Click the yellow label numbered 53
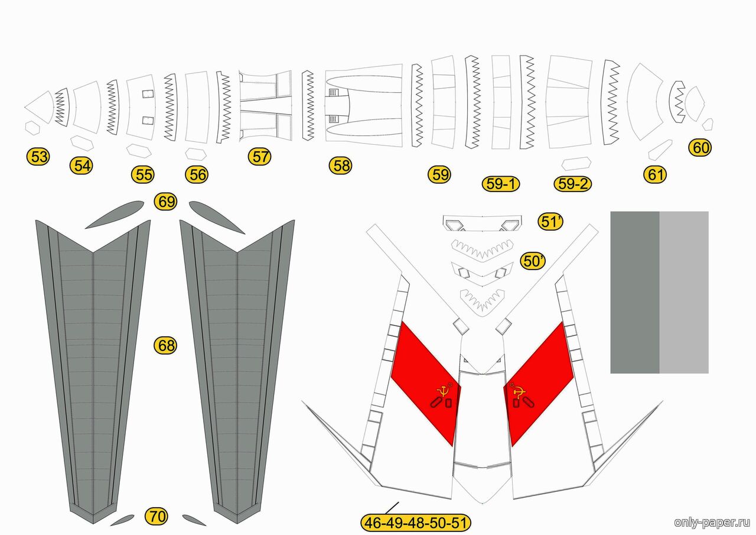tap(38, 157)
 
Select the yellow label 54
tap(82, 166)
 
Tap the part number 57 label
tap(259, 157)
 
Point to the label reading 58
tap(341, 166)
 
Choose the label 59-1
tap(500, 184)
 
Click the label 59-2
tap(573, 184)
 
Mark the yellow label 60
tap(700, 148)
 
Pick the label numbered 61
tap(655, 174)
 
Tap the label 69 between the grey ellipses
tap(166, 202)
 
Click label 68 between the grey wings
tap(166, 345)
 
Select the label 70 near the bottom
tap(157, 517)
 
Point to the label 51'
tap(550, 222)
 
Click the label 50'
tap(533, 261)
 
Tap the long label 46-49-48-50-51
tap(415, 523)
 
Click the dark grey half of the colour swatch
tap(635, 292)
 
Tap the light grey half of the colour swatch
tap(684, 292)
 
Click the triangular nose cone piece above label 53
tap(40, 107)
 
